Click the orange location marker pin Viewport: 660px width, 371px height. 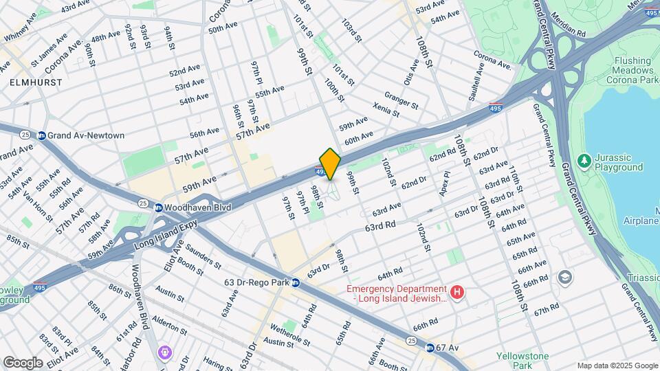tap(330, 164)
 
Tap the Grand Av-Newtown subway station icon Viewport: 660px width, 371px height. tap(42, 135)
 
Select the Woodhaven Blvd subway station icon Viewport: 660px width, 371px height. tap(158, 207)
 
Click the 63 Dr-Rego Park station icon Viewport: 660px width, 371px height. tap(295, 282)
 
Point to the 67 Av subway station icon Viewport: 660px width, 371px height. tap(430, 348)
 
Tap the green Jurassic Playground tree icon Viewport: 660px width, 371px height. tap(584, 160)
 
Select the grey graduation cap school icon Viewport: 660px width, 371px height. tap(565, 276)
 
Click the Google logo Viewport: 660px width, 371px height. tap(23, 362)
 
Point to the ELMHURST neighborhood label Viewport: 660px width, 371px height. tap(36, 82)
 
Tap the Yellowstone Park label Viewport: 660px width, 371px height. tap(523, 361)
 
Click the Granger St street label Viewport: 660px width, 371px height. tap(401, 100)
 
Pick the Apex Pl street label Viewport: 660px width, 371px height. tap(448, 183)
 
